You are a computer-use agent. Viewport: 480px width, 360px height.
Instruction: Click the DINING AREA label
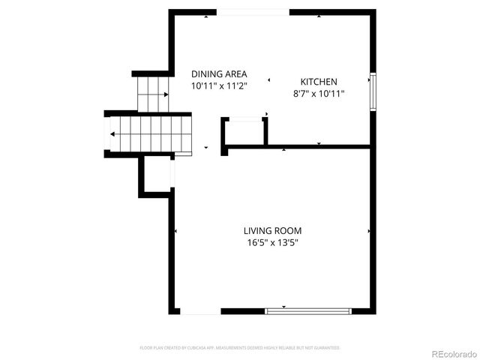coord(220,73)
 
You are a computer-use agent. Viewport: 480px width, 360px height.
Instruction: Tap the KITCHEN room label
coord(319,82)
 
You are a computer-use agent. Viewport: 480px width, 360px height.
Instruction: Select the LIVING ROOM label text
coord(272,230)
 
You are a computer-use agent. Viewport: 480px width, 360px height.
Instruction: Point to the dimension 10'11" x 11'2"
coord(220,86)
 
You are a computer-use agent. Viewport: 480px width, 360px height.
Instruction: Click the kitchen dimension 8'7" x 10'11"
coord(319,94)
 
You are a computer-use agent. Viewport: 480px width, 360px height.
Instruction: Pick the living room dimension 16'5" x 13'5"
coord(272,243)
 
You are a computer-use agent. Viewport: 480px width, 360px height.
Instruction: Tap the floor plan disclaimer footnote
coord(240,348)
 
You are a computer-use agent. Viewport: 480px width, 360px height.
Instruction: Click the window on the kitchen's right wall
coord(373,92)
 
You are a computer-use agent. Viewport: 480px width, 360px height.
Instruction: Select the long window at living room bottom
coord(308,310)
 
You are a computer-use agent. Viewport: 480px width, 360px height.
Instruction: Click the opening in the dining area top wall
coord(253,12)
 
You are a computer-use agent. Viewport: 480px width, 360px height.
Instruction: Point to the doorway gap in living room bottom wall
coord(200,310)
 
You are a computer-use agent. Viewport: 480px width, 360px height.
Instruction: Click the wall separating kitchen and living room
coord(300,147)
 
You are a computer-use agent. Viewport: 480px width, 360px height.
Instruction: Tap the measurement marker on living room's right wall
coord(369,231)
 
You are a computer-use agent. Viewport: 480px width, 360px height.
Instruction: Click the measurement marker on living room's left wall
coord(175,231)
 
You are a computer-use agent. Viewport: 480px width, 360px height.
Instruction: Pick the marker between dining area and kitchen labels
coord(267,77)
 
